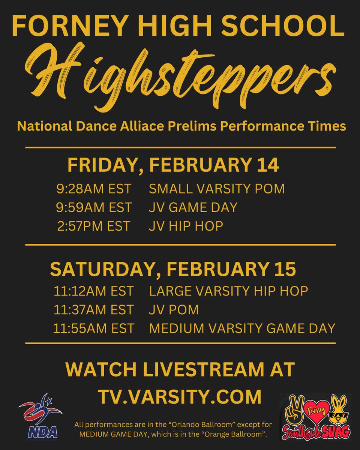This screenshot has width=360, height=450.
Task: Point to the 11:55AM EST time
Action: [x=93, y=328]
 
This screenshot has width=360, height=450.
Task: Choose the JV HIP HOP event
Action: [x=186, y=226]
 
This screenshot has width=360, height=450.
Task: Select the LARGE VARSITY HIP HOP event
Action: [x=228, y=291]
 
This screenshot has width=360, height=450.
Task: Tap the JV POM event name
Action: [x=174, y=310]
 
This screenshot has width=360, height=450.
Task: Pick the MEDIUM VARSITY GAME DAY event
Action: [x=242, y=328]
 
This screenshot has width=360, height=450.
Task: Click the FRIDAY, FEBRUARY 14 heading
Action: [x=173, y=165]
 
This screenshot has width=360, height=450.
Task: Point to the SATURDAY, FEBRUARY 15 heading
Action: [x=173, y=268]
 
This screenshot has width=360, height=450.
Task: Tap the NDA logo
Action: [x=38, y=416]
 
